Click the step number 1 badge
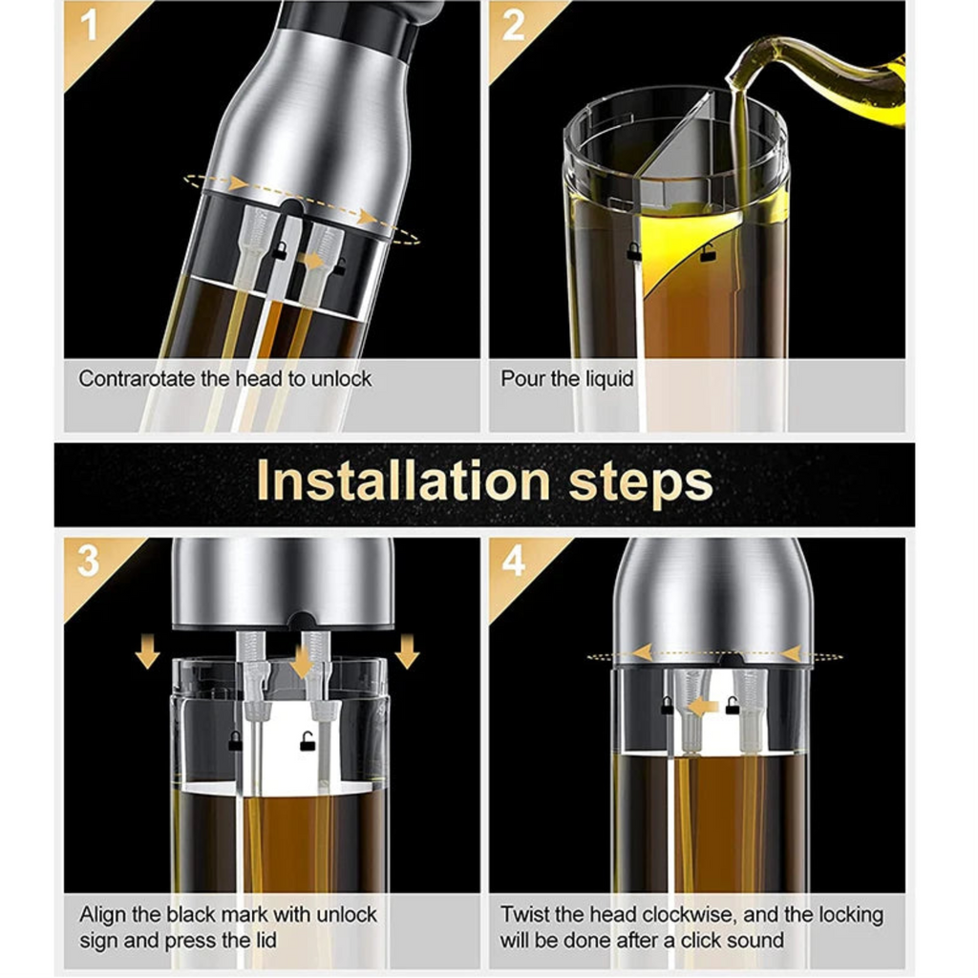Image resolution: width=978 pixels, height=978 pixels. [89, 26]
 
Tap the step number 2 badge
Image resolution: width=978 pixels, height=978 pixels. [513, 26]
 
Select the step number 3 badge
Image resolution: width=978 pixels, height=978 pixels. [89, 561]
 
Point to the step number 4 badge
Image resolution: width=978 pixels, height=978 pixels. [514, 561]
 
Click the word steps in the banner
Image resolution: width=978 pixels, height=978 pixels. [641, 482]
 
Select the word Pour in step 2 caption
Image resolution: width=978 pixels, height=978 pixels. [521, 379]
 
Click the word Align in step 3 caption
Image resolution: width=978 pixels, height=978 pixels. [102, 915]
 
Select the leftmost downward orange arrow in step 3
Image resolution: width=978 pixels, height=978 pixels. [147, 653]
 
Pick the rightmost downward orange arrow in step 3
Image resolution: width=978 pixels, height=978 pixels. [407, 653]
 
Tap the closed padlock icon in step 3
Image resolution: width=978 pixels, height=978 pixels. [235, 739]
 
